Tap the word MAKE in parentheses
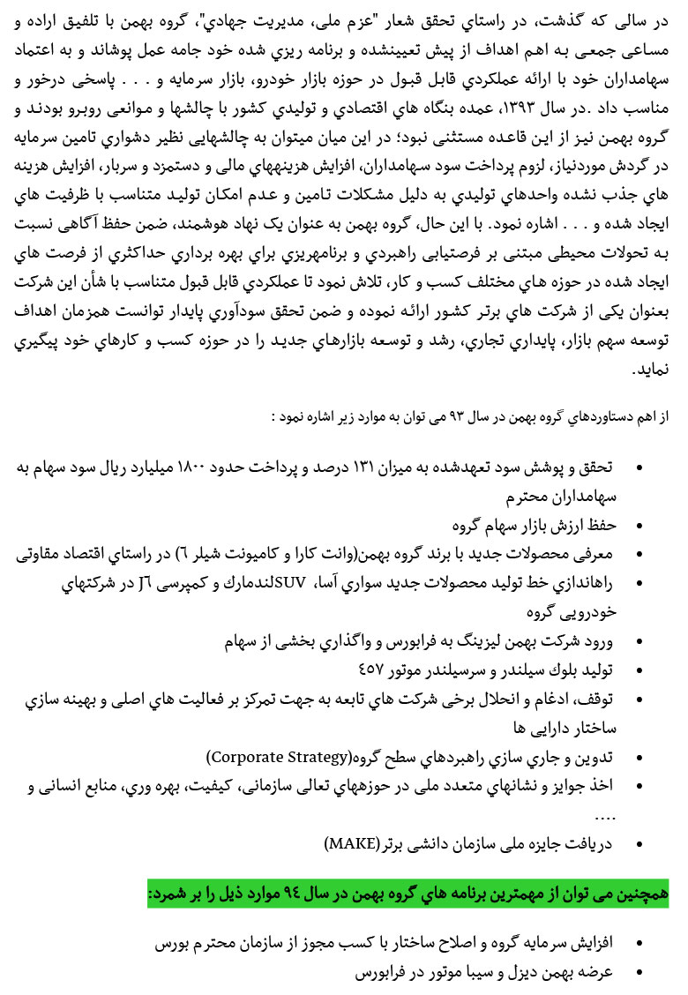[352, 842]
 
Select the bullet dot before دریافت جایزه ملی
[639, 842]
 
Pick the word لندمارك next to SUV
[243, 582]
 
